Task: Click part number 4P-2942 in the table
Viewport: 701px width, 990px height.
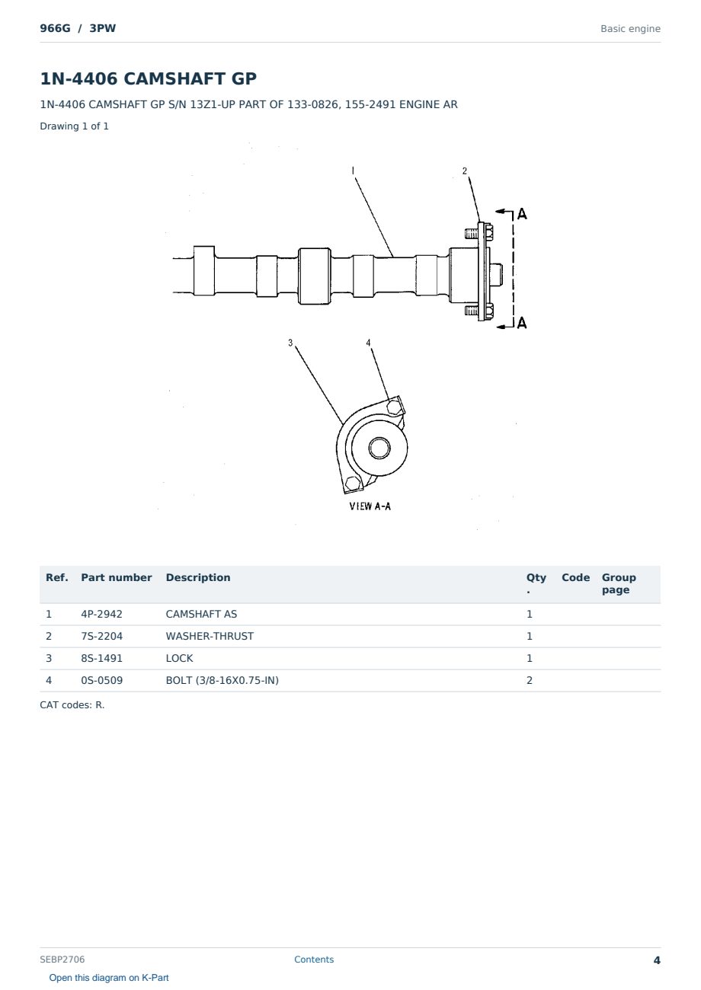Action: (x=101, y=614)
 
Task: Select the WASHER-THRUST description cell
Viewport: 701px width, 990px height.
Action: (x=210, y=636)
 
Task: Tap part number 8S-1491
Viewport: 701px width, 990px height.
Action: (x=101, y=658)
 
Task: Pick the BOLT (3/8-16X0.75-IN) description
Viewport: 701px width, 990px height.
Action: (x=222, y=680)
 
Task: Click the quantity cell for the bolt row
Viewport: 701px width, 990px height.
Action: (x=530, y=680)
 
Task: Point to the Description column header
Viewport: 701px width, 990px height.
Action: (x=197, y=577)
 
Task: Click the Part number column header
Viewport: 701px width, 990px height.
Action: (x=116, y=577)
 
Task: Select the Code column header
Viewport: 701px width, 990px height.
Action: (x=575, y=577)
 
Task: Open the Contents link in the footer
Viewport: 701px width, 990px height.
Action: (x=314, y=960)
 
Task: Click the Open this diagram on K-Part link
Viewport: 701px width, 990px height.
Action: (x=109, y=978)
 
